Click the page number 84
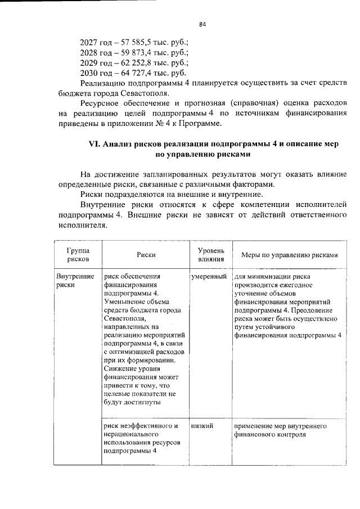(202, 24)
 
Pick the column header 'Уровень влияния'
(211, 254)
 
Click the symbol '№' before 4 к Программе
(188, 124)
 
